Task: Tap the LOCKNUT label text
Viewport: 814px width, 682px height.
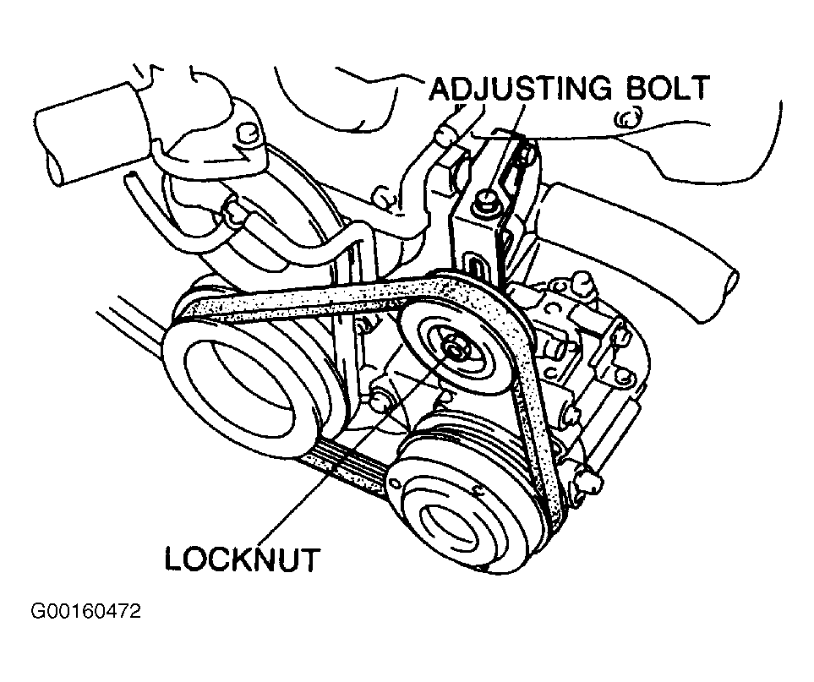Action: pos(242,559)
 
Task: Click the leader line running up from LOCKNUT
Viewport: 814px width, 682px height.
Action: pos(355,448)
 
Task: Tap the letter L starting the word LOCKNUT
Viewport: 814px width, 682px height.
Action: pos(174,559)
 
